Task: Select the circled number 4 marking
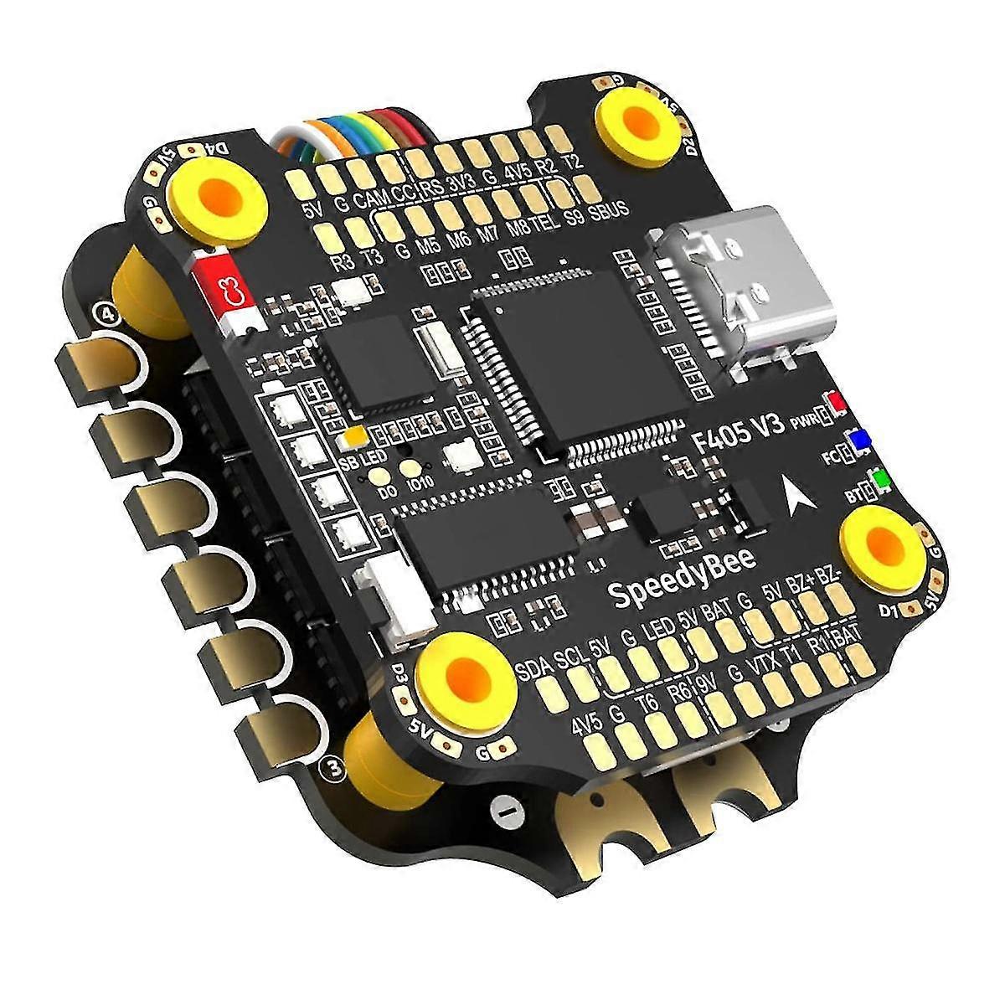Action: pyautogui.click(x=107, y=314)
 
